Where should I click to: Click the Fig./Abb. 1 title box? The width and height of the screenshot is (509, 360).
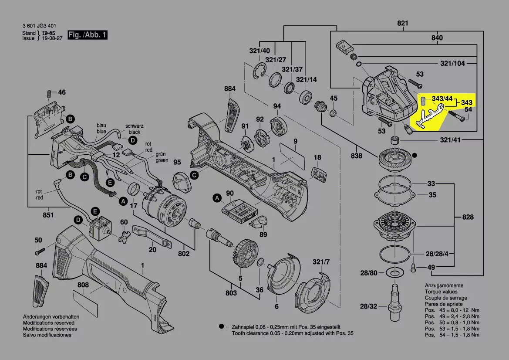(x=87, y=35)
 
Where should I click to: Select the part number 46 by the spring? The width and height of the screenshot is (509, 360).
(x=62, y=92)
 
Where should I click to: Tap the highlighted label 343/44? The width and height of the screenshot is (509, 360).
(x=442, y=99)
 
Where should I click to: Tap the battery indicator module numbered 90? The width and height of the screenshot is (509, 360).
(x=238, y=210)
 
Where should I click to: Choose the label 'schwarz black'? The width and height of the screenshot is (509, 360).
(x=134, y=129)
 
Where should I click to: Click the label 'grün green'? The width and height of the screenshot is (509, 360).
(x=162, y=157)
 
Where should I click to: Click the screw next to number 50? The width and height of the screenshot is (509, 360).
(x=40, y=251)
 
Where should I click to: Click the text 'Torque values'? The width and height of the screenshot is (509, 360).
(x=441, y=292)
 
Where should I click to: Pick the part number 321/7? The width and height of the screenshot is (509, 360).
(x=322, y=262)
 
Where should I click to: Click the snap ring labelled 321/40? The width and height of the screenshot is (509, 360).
(x=260, y=71)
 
